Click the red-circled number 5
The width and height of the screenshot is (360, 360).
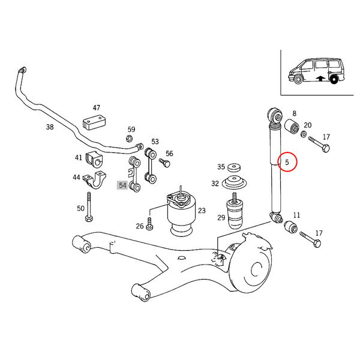coord(287,162)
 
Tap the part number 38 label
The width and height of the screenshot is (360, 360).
coord(50,127)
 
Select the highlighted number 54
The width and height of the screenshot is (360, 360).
coord(122,185)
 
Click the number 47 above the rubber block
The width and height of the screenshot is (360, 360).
coord(96,107)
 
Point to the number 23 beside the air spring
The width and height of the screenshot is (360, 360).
coord(202,211)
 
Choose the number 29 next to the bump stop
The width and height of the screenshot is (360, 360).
coord(221,218)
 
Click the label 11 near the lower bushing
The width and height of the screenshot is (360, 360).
coord(296,215)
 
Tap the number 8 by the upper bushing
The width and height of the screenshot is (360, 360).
coord(294,113)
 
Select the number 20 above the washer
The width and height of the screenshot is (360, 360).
coord(308,125)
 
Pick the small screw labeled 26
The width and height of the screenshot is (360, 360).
coord(150,226)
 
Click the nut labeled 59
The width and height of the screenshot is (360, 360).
coord(130,139)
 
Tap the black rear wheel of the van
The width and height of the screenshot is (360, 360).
coord(335,78)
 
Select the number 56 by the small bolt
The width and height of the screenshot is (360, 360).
coord(169,154)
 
